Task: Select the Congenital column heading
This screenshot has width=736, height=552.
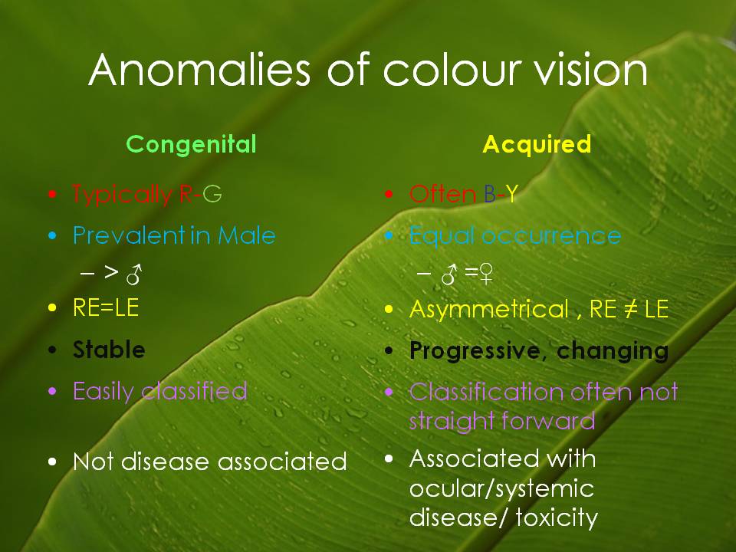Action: click(x=191, y=144)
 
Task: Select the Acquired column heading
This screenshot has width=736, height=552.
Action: click(x=537, y=144)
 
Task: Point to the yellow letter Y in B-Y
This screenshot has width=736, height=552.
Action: click(x=510, y=195)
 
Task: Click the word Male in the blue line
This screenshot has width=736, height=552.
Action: click(x=246, y=235)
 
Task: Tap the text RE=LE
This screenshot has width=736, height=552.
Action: click(x=106, y=309)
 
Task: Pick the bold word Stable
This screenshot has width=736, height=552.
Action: click(x=109, y=350)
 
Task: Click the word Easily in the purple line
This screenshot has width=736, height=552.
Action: click(x=104, y=392)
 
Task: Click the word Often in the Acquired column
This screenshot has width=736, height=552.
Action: click(x=442, y=195)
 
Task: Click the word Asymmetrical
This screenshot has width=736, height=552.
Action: click(x=489, y=310)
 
